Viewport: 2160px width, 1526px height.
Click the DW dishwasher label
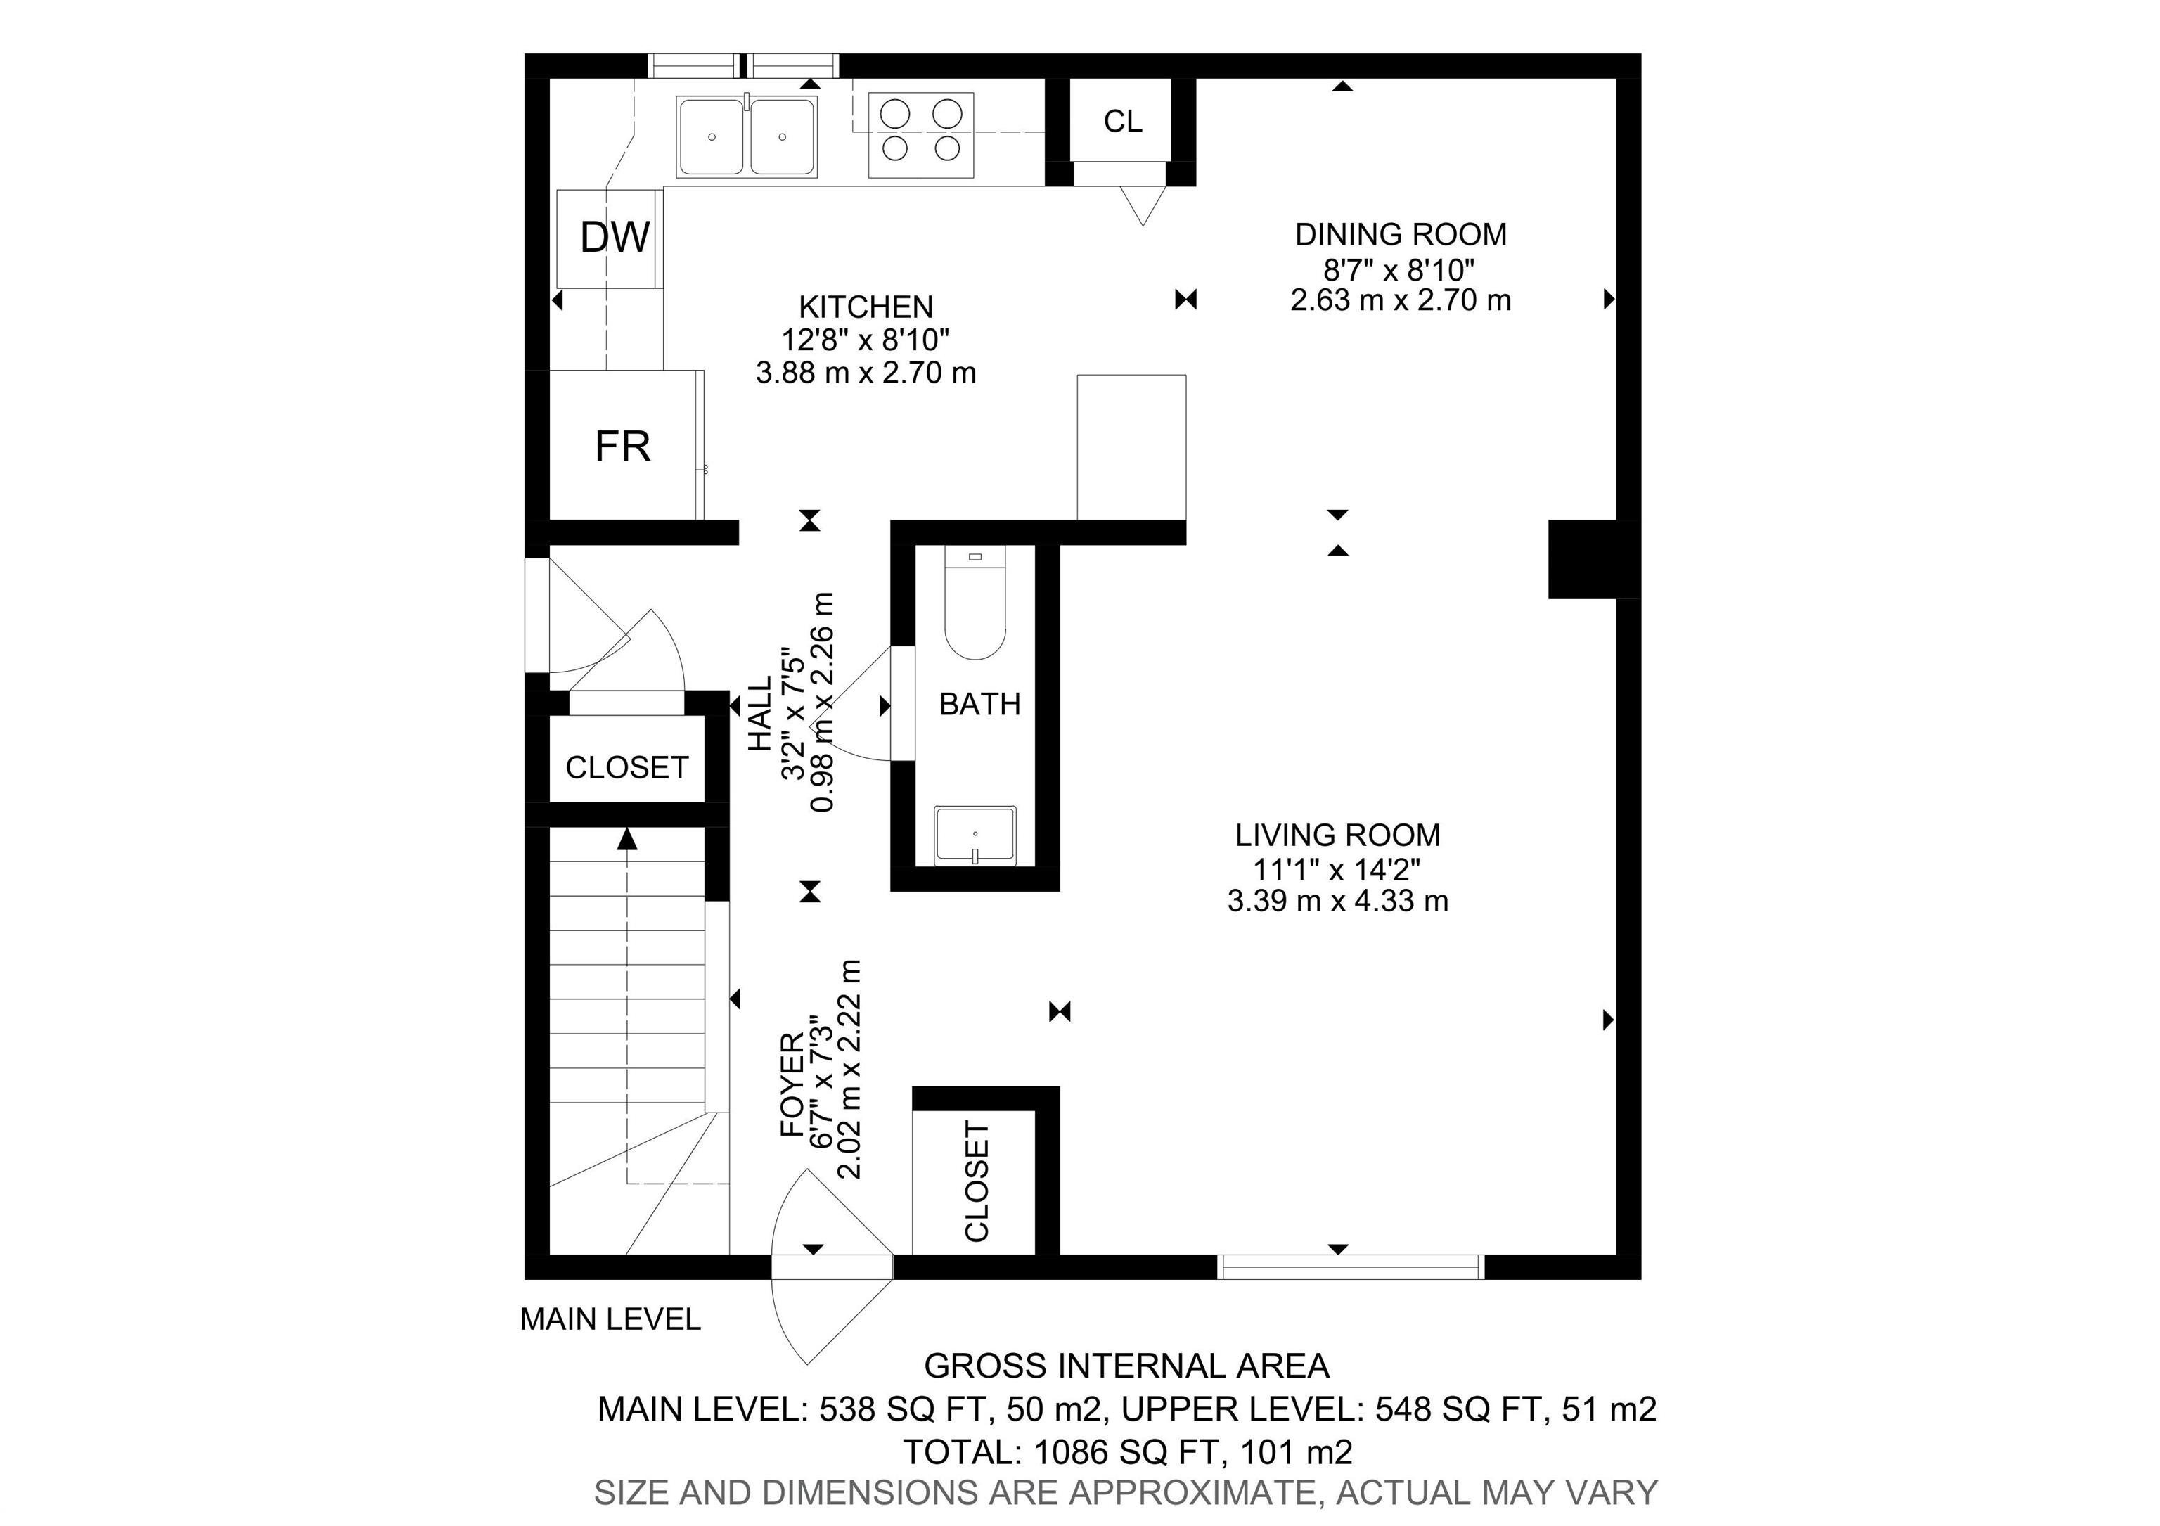(615, 237)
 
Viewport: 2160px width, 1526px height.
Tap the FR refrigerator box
(623, 445)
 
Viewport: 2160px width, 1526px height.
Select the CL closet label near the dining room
(1121, 122)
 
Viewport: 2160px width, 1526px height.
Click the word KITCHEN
(866, 307)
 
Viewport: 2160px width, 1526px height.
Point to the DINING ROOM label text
(1400, 234)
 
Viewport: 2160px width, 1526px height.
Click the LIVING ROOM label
(1337, 835)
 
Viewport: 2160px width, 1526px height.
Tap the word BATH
(979, 704)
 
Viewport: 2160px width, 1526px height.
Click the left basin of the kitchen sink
(712, 137)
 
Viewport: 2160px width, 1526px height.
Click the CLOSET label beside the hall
(626, 768)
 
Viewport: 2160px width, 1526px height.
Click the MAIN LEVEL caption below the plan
(610, 1319)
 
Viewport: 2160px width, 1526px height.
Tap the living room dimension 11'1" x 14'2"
(1336, 868)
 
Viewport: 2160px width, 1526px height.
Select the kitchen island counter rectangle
(1131, 447)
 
